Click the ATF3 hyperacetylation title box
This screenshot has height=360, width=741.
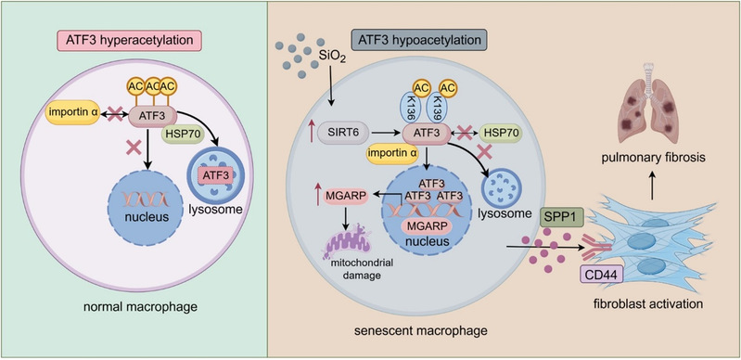tap(128, 40)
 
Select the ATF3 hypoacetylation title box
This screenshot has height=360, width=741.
tap(419, 40)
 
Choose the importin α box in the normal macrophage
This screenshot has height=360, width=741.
tap(73, 114)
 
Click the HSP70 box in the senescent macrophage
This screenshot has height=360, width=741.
tap(501, 135)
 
